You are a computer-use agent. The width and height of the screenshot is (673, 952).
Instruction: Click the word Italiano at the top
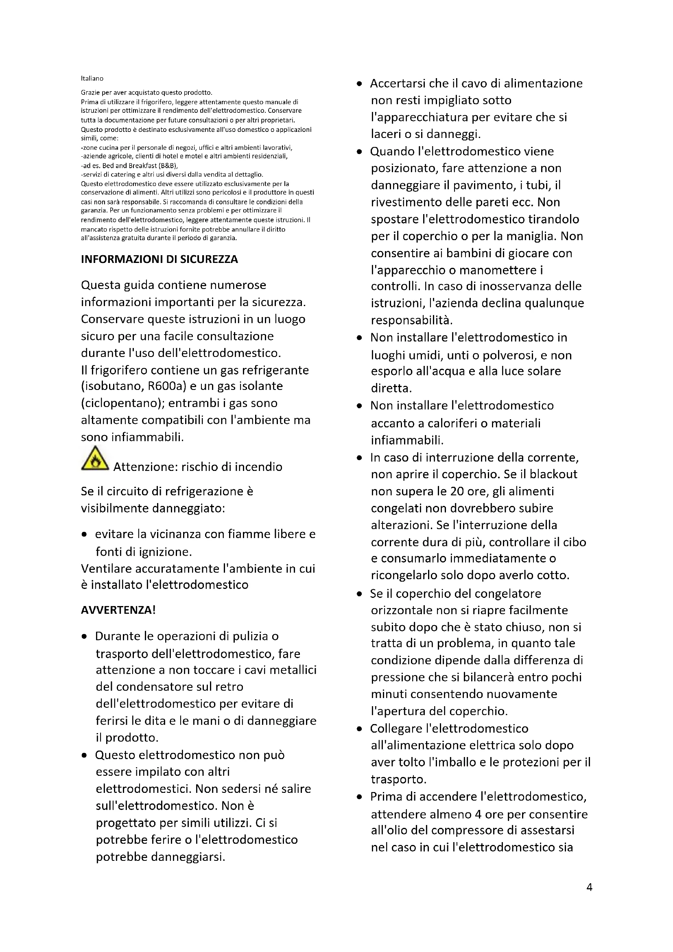92,79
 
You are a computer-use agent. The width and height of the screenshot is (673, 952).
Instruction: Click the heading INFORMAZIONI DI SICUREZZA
160,259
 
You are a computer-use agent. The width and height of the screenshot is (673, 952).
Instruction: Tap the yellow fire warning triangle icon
95,459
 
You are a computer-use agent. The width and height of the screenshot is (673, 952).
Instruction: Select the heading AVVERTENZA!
118,610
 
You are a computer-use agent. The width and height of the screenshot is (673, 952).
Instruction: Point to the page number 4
589,887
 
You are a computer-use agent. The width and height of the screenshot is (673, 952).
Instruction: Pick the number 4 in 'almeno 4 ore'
478,814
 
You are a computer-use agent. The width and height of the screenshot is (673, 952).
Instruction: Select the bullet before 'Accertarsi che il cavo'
359,84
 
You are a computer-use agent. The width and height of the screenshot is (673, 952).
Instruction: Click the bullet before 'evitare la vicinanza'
85,534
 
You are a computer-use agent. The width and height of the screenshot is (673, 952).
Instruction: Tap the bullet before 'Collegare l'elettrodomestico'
359,729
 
